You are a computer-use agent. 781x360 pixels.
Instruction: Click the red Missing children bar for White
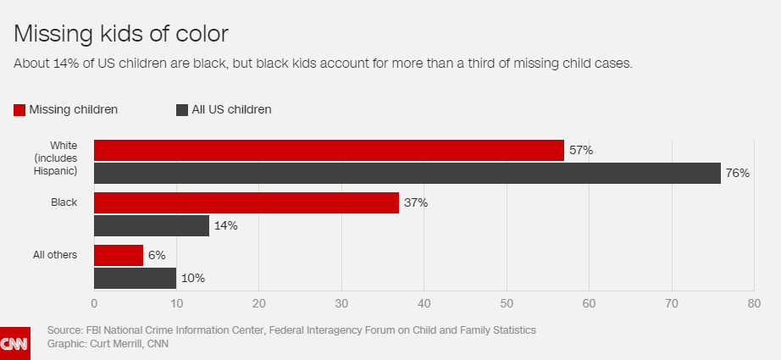tap(329, 151)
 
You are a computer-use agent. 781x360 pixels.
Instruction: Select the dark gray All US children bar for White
tap(407, 174)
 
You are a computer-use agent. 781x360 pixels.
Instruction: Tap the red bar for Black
tap(246, 203)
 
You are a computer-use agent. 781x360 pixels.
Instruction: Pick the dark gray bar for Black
tap(152, 225)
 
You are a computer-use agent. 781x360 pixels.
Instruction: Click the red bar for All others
tap(119, 256)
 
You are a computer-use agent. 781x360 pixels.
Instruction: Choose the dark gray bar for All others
tap(135, 279)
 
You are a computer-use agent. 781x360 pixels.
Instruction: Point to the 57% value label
tap(581, 151)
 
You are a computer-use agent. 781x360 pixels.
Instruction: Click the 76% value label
tap(737, 174)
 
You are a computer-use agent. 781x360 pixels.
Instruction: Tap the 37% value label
tap(416, 203)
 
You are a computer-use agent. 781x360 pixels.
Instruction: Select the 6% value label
tap(157, 256)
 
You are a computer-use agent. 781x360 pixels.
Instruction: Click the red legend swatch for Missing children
tap(19, 110)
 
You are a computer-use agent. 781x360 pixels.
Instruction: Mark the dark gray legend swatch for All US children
tap(182, 110)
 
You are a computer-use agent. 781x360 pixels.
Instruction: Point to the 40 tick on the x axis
tap(424, 303)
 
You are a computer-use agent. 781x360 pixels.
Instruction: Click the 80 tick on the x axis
tap(754, 303)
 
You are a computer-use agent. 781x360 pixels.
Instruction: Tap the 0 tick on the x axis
tap(94, 303)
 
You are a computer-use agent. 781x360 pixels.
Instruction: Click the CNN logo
tap(15, 343)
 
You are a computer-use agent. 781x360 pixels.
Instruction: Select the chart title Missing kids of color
tap(121, 34)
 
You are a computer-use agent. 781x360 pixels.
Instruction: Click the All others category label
tap(55, 255)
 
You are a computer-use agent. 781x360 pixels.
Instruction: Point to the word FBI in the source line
tap(95, 330)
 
